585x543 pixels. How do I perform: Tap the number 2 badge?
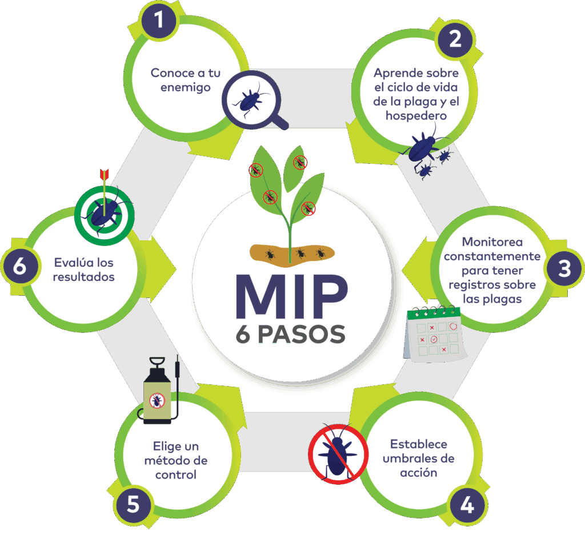(x=455, y=38)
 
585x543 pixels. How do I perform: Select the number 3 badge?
(x=564, y=268)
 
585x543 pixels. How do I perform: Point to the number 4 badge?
(x=467, y=505)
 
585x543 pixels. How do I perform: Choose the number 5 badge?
(x=133, y=505)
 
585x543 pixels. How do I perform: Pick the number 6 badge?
(x=19, y=267)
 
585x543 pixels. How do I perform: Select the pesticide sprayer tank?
(x=157, y=395)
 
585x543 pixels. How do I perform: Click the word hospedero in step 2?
(x=416, y=115)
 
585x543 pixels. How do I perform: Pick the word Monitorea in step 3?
(x=492, y=242)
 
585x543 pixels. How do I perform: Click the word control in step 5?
(x=175, y=474)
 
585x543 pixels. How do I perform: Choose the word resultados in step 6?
(x=84, y=277)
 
